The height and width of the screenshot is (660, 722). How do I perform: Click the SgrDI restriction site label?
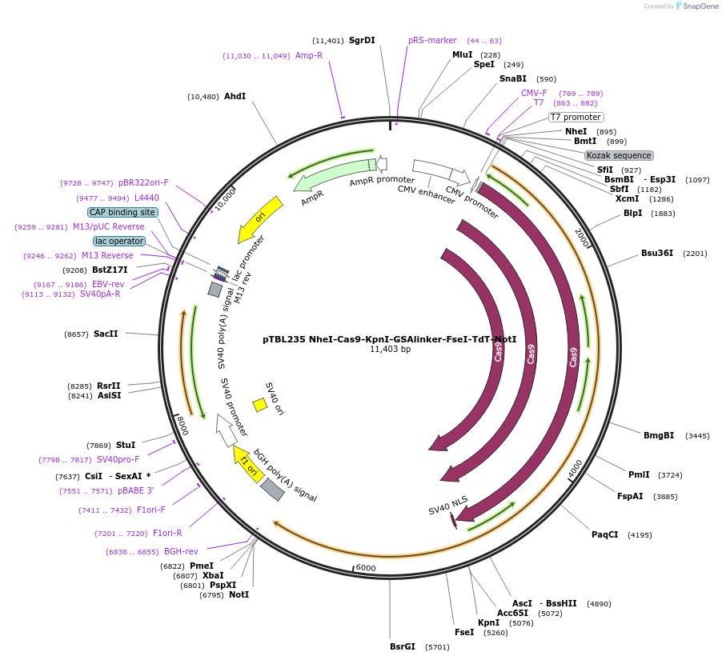362,40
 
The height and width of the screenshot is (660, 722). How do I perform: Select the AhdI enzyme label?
235,96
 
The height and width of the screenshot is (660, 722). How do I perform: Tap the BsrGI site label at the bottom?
403,646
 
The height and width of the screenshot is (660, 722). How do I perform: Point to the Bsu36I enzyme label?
657,254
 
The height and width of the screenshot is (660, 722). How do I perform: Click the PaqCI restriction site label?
605,534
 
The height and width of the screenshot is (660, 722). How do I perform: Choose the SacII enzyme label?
106,334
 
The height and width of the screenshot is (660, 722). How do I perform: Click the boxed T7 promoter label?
576,117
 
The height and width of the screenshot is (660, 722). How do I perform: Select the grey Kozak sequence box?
619,155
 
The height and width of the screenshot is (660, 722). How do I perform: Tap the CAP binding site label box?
122,212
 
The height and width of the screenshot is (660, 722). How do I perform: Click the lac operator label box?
119,241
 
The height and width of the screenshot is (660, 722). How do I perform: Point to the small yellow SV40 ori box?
260,405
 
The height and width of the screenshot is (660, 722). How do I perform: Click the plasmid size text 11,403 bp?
390,350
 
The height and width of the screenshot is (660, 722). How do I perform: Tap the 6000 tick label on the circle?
366,567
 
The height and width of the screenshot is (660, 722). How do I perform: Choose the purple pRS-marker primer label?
432,40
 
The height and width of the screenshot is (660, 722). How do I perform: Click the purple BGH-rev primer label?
181,551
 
